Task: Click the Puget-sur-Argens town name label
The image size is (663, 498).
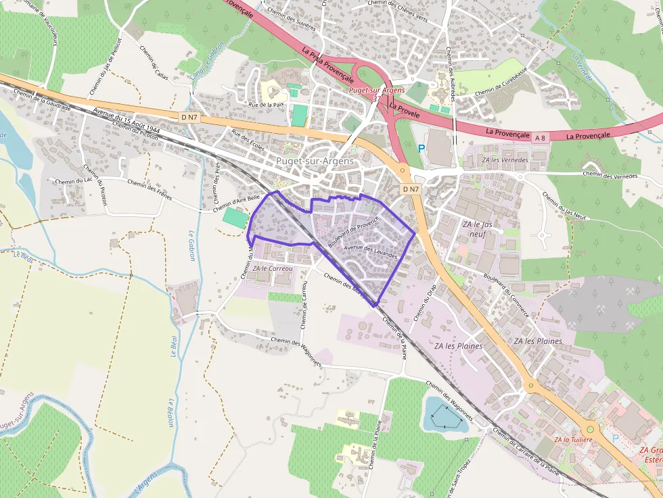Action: (x=315, y=161)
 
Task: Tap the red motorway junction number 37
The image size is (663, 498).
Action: (x=376, y=99)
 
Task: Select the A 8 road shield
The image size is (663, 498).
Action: (x=540, y=138)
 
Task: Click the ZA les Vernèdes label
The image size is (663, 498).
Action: (x=504, y=159)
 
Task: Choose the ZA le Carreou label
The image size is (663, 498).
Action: (x=273, y=268)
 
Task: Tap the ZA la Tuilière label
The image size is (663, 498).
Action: (x=573, y=439)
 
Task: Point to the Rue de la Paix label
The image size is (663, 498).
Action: (x=266, y=105)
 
